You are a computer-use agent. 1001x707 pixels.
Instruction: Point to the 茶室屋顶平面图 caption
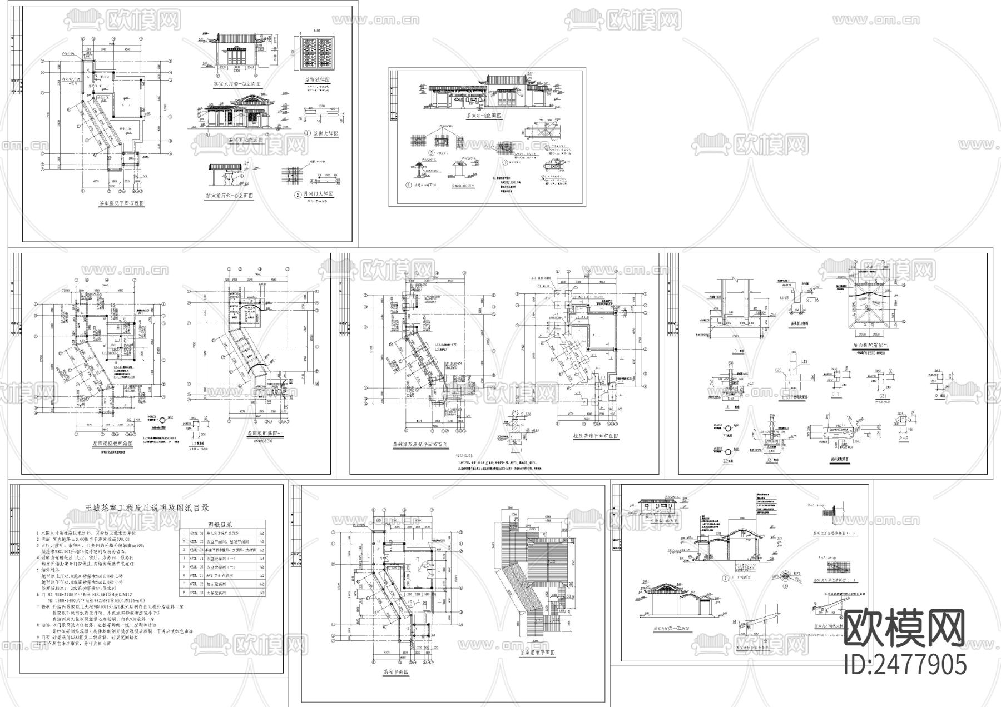(537, 653)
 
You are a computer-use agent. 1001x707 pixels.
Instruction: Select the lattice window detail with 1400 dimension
(315, 53)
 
